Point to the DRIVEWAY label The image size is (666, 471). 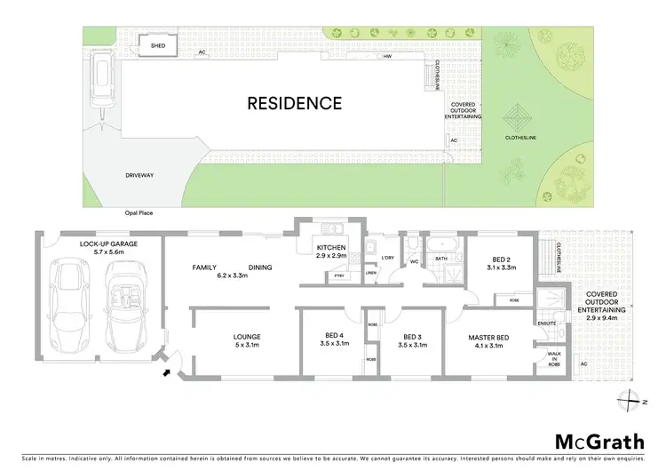pyautogui.click(x=140, y=175)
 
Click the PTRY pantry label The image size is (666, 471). pyautogui.click(x=339, y=276)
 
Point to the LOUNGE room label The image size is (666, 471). pyautogui.click(x=246, y=338)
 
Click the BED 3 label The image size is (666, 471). pyautogui.click(x=410, y=338)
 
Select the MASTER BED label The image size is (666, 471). pyautogui.click(x=488, y=338)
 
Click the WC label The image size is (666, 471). pyautogui.click(x=414, y=261)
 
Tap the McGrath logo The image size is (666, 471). pyautogui.click(x=600, y=442)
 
